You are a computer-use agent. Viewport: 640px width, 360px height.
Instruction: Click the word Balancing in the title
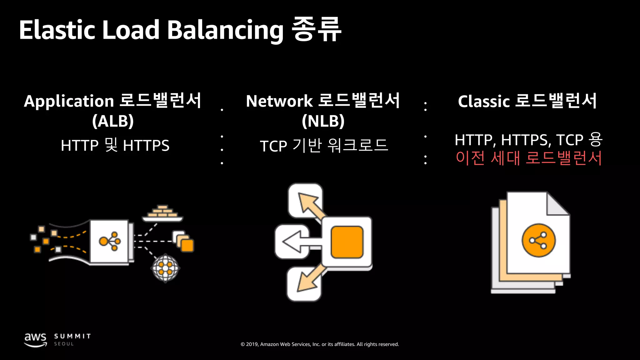click(x=225, y=31)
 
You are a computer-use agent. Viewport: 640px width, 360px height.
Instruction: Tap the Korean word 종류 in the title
click(x=316, y=29)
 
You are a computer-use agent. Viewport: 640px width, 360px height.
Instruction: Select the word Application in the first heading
click(x=69, y=102)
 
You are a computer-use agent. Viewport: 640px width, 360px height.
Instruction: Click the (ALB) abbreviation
click(x=113, y=121)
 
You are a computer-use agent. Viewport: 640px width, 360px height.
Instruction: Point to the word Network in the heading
click(x=279, y=102)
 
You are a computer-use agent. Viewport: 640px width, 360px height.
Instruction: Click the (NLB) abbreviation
click(x=323, y=121)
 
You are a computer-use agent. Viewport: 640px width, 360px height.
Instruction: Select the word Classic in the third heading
click(x=484, y=102)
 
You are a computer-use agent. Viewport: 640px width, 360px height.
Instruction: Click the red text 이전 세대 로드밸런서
click(x=528, y=158)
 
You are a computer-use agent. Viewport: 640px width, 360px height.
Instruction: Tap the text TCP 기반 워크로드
click(x=324, y=146)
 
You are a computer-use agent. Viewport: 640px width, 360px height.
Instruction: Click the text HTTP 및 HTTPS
click(x=115, y=145)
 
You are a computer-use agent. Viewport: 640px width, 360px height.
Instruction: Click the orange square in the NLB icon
click(x=347, y=242)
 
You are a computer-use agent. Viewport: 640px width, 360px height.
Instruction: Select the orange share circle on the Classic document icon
click(x=538, y=240)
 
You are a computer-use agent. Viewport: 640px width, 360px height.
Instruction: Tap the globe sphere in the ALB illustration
click(x=165, y=268)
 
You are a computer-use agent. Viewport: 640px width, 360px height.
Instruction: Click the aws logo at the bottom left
click(x=35, y=339)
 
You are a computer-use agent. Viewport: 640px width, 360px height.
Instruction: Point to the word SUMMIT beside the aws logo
click(x=72, y=336)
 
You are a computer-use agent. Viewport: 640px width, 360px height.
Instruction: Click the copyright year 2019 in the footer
click(x=252, y=344)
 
